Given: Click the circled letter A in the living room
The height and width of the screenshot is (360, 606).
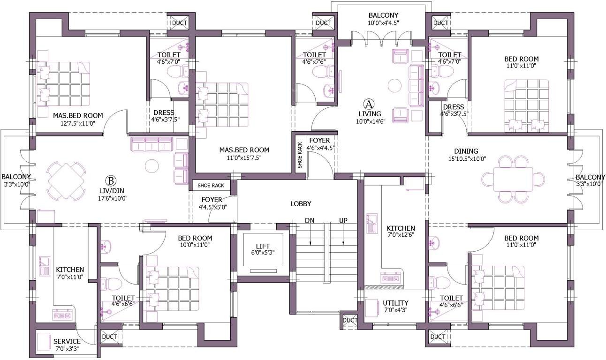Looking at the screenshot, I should tap(370, 103).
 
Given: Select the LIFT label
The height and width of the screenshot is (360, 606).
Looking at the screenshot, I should tap(262, 246).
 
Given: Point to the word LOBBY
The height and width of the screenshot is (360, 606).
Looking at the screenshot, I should tap(301, 203).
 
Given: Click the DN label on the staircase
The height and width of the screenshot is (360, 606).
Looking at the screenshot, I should tap(310, 220).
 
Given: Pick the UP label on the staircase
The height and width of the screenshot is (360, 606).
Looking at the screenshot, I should tap(343, 220).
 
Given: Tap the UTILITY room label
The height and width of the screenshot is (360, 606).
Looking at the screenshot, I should tap(395, 303).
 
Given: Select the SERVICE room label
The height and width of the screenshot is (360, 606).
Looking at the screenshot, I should tap(67, 341).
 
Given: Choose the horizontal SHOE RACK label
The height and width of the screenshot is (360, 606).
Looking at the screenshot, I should tap(211, 185).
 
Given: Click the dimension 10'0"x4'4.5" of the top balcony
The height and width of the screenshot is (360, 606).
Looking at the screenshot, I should tap(383, 22).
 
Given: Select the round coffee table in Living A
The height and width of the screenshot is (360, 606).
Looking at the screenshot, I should tap(394, 86).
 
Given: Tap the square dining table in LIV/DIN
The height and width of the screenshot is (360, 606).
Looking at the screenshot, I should tap(67, 180).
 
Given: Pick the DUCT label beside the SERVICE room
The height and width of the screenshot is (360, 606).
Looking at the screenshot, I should tap(109, 337).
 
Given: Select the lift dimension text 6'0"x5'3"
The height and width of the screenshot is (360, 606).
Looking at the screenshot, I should tap(262, 253).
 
